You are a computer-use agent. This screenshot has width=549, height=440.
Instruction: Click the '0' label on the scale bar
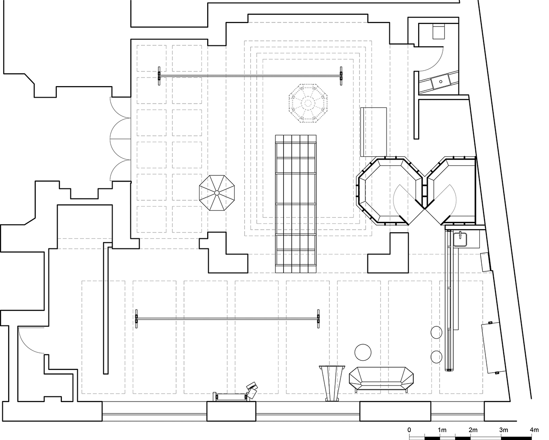click(409, 430)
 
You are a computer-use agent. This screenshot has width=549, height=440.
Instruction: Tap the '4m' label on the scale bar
click(534, 430)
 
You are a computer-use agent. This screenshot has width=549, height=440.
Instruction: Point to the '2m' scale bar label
click(473, 430)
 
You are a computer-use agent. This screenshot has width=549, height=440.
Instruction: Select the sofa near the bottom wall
click(381, 379)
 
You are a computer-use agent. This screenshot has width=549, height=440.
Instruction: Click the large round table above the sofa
click(363, 352)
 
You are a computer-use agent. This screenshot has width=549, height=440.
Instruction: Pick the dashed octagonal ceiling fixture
click(308, 103)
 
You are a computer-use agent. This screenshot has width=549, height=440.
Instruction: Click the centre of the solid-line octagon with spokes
click(216, 193)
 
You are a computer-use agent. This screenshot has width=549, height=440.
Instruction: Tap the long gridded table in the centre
click(296, 204)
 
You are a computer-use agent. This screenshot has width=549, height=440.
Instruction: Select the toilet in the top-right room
click(439, 32)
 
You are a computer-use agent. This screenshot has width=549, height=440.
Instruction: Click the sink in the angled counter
click(441, 82)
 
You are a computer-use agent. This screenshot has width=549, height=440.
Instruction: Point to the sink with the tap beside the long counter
click(461, 239)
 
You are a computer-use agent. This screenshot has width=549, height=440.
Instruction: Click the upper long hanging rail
click(250, 76)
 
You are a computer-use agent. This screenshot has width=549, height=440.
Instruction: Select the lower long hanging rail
click(227, 319)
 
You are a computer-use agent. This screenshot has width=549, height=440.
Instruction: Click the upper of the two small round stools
click(436, 333)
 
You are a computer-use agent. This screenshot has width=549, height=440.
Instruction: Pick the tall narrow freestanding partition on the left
click(106, 308)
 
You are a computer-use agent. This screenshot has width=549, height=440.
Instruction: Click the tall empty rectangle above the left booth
click(373, 132)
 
